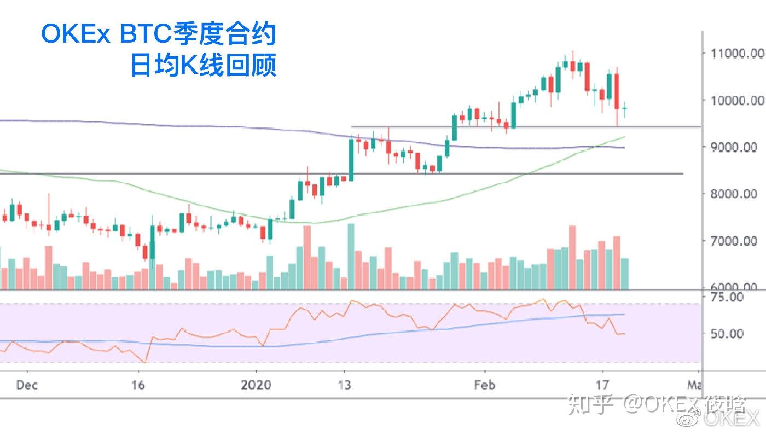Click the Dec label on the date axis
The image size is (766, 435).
pos(27,385)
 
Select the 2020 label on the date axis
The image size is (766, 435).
pos(256,385)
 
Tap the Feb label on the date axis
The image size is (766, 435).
pos(485,385)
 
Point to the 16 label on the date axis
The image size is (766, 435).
pos(138,385)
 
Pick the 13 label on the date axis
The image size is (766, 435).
pos(344,385)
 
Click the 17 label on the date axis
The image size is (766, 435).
pos(602,385)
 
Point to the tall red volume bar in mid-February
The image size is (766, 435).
pos(572,257)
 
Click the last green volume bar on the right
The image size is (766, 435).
pos(625,274)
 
